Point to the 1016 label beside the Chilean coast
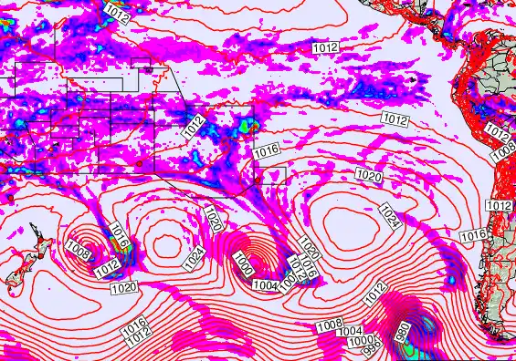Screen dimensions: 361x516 point(472,235)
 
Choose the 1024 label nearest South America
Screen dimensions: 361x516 point(388,216)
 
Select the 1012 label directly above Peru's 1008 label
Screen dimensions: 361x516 point(497,132)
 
